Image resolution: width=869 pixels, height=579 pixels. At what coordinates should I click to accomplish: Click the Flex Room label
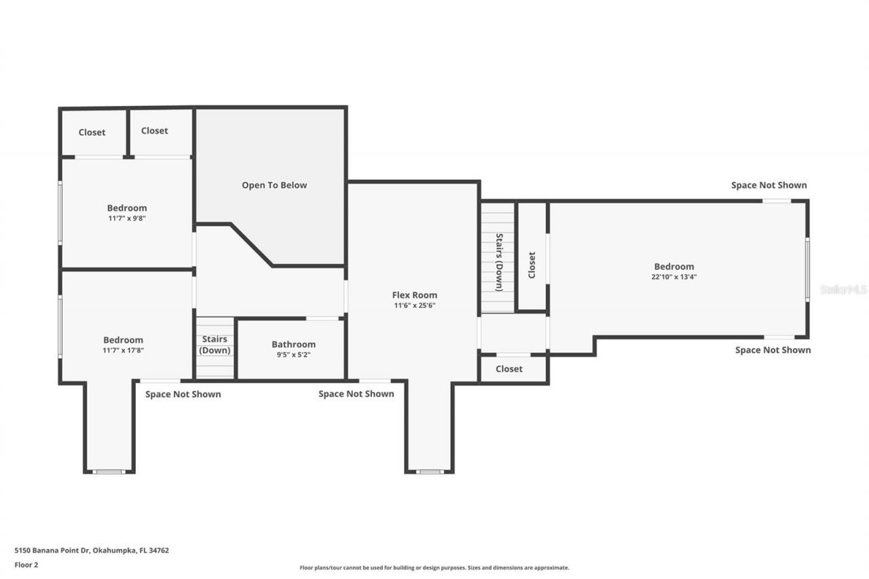click(x=414, y=295)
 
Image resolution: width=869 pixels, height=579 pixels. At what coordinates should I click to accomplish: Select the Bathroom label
click(x=293, y=344)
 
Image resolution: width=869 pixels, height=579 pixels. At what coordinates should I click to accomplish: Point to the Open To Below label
click(x=274, y=185)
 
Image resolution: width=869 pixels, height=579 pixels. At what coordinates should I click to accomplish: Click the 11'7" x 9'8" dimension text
click(x=127, y=219)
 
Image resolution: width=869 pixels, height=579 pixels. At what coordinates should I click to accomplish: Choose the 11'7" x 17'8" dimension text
click(x=124, y=350)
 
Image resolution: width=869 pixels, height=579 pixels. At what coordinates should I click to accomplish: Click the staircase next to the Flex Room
click(x=498, y=261)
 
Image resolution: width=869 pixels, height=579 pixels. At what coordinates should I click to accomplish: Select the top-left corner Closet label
click(x=92, y=132)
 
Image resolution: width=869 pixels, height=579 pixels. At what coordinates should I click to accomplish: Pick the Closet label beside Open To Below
click(x=154, y=130)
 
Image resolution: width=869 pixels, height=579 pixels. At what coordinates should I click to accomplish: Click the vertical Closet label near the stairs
click(x=532, y=265)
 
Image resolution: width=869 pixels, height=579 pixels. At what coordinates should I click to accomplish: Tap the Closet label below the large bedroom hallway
click(x=509, y=369)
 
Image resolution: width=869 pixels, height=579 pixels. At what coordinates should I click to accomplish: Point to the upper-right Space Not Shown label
click(x=769, y=185)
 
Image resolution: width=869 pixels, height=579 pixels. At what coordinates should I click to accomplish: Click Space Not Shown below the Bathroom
click(x=356, y=394)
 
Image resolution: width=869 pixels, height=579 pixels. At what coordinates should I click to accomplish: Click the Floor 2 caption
click(x=26, y=564)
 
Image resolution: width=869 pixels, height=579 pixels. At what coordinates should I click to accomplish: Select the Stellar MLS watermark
click(x=843, y=289)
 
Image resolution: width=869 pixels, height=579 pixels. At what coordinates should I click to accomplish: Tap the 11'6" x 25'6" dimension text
click(x=414, y=305)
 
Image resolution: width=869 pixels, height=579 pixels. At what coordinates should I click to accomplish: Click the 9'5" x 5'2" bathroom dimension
click(x=293, y=354)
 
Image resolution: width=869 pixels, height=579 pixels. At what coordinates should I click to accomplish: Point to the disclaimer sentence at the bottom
click(x=434, y=567)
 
